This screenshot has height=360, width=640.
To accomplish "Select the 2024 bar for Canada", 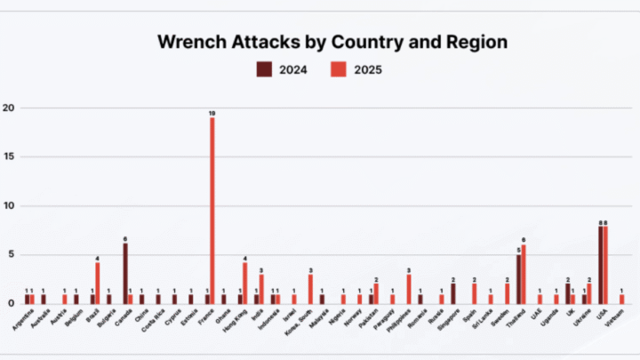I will point(125,274).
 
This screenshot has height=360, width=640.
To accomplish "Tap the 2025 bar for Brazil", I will point(98,283).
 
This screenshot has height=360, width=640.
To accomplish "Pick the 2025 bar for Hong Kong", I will point(245,283).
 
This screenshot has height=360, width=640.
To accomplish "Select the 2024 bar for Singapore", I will point(453,293).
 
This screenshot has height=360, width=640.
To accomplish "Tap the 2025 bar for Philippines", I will point(409,289).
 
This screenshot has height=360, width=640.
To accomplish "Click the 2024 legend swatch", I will point(264,68).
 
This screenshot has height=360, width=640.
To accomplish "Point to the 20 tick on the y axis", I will point(9,108).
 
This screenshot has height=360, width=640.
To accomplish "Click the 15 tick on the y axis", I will point(9,157).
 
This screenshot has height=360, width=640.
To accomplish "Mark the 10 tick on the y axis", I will point(9,206).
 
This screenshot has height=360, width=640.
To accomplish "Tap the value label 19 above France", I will point(212,113).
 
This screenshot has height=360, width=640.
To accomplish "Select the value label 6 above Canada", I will point(125,239).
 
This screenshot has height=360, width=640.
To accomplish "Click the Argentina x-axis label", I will point(25,317).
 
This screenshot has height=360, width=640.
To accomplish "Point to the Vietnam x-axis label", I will point(615,316).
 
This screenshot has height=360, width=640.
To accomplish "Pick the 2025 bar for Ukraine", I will point(589,293).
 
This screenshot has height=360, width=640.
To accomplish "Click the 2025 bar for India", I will point(261,288).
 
